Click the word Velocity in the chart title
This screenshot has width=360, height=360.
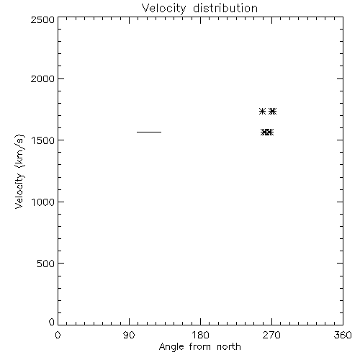pos(163,9)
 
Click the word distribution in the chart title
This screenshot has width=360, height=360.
pos(225,8)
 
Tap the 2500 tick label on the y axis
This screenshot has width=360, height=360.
pos(42,19)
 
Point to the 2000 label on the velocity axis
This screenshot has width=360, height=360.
pos(42,78)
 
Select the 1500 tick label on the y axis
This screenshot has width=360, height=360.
pos(43,140)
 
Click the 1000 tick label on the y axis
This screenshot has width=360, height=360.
pos(43,202)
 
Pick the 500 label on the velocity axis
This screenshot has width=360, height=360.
pos(46,264)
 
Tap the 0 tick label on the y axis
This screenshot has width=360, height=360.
pos(52,322)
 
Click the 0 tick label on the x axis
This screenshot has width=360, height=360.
pos(58,335)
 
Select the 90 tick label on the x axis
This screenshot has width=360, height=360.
pos(129,335)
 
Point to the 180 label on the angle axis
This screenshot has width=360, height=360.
pos(200,335)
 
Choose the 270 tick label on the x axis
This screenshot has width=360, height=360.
pos(271,335)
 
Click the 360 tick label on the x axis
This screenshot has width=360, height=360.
pos(343,335)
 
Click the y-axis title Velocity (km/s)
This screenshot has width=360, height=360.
pos(19,171)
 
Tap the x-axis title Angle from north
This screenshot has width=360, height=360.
pos(200,347)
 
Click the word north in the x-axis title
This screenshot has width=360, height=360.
pos(229,347)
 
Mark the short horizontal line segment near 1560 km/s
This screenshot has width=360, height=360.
pos(149,132)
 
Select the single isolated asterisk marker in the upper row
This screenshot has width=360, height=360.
pos(263,112)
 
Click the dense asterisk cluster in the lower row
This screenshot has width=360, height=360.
pos(267,132)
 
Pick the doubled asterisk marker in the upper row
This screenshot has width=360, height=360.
pos(272,112)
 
